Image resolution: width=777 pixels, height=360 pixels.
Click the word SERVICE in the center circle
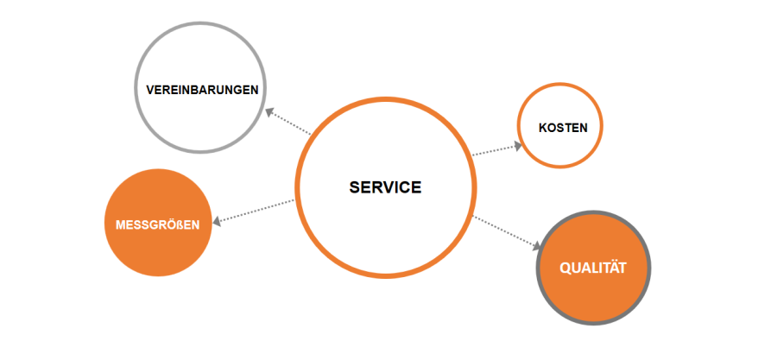385,187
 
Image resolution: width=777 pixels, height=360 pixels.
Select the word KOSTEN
562,127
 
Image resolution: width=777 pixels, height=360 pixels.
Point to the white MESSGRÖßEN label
157,224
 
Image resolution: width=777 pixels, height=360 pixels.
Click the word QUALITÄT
592,268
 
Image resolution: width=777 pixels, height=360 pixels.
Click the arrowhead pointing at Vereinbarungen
269,111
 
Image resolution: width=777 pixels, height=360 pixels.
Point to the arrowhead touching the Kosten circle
517,145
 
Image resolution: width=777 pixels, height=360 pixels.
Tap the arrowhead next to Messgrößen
218,223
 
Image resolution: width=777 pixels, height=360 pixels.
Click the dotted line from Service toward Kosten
494,150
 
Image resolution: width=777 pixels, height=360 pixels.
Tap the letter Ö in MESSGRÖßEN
169,224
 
